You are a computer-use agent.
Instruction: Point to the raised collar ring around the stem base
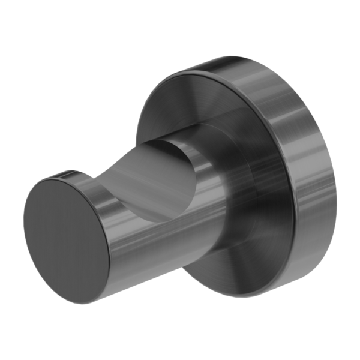click(x=225, y=180)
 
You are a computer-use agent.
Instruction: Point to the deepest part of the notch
click(x=159, y=171)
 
